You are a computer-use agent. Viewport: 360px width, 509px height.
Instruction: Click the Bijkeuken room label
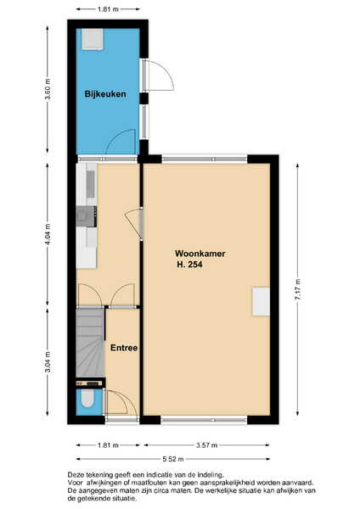tap(105, 94)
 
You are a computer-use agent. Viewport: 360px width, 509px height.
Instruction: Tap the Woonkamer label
tap(200, 254)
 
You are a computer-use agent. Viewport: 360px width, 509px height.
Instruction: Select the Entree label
tap(124, 348)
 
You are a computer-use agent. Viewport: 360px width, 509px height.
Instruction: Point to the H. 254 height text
tap(189, 265)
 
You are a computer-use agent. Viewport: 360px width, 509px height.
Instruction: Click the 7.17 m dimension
tap(298, 289)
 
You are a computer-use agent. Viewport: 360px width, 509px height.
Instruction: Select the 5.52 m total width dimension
tap(173, 459)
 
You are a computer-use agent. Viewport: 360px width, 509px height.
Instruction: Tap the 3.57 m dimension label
tap(207, 445)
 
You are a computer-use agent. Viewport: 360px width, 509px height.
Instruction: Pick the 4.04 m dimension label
tap(48, 235)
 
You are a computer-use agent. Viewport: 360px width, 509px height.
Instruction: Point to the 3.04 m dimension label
tap(48, 362)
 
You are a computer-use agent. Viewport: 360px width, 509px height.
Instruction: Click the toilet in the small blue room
tap(87, 399)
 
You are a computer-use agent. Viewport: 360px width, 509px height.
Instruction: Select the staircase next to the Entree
tap(90, 343)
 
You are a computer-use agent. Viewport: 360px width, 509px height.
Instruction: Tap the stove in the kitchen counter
tap(87, 216)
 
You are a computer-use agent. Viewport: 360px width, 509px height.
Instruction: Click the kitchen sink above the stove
tap(91, 184)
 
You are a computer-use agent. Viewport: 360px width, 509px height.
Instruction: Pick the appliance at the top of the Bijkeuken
tap(93, 39)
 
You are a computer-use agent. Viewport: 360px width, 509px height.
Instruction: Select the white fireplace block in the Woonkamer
tap(261, 301)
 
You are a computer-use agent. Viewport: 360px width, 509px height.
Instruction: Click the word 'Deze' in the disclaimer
tap(76, 475)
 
